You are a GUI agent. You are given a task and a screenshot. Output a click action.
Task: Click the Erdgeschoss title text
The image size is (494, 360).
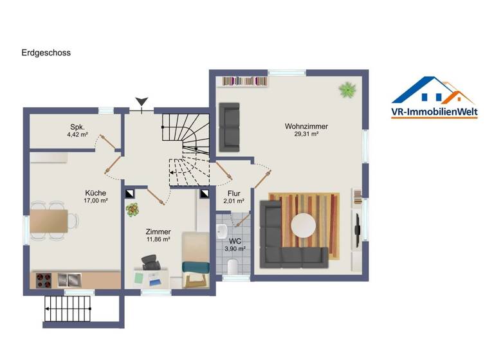pos(46,53)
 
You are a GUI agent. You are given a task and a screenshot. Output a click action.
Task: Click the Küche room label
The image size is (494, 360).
pos(96,193)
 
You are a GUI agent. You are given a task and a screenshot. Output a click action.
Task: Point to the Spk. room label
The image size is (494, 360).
pos(78,127)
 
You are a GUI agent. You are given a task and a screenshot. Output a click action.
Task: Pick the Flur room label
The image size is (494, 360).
pos(233,192)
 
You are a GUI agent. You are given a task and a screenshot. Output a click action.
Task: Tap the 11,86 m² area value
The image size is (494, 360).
pos(158,239)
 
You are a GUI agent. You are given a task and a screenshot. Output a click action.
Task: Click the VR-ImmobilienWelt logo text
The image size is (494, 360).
pos(434,113)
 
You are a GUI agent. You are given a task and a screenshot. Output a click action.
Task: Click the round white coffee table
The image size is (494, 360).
pos(303,225)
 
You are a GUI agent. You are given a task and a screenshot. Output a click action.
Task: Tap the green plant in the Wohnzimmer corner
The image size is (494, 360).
pos(348,89)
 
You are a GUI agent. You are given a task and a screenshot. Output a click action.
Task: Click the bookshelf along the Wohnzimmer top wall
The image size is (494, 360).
pos(244,81)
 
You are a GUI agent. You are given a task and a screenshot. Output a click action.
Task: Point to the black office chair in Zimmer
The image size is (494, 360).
pos(151,262)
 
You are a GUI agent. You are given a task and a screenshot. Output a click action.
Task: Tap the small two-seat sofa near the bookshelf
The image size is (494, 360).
pos(230,126)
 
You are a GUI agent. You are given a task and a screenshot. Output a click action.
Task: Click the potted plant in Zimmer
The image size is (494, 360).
pos(133,209)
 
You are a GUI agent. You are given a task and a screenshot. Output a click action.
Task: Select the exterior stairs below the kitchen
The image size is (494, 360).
pos(69,314)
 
